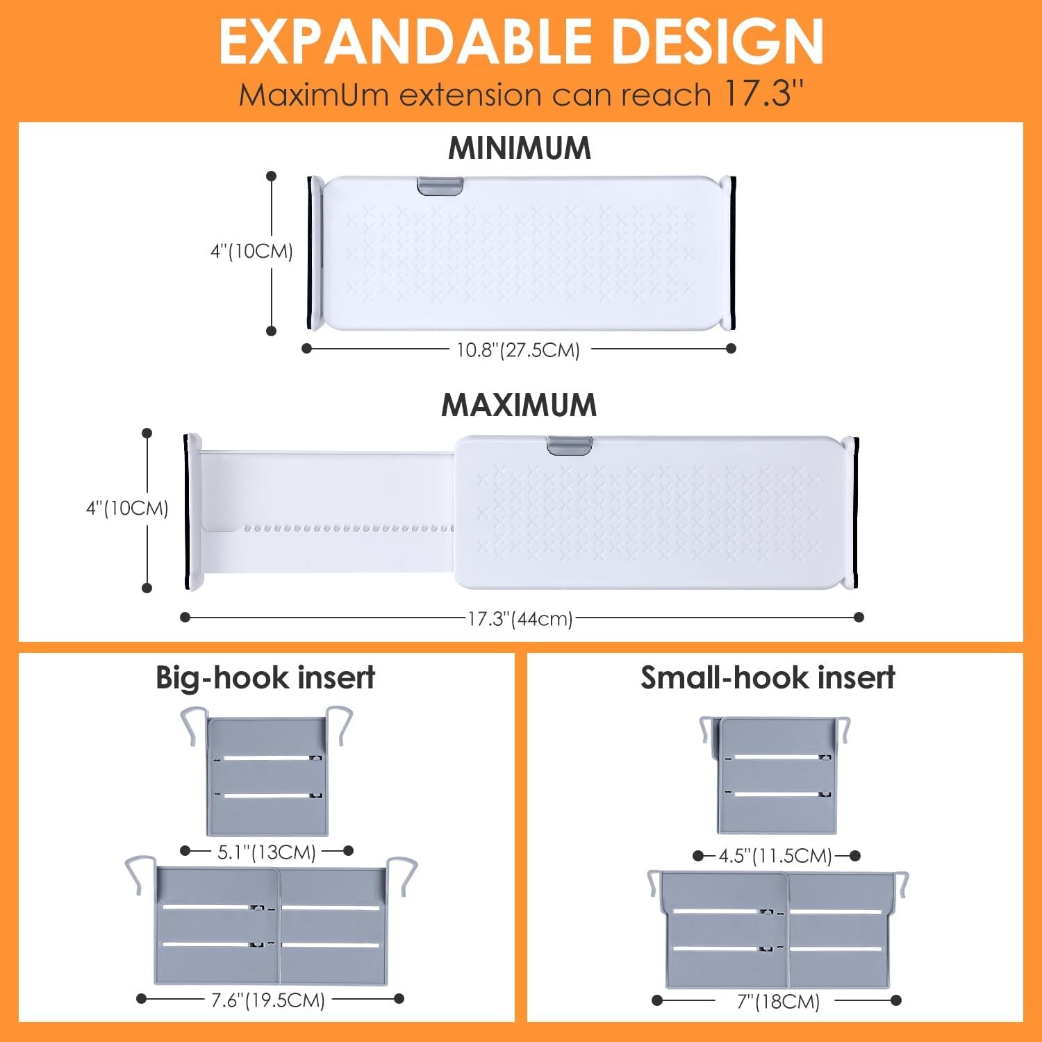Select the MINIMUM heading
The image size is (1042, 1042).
point(520,148)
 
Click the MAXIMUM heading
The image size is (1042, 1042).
point(520,405)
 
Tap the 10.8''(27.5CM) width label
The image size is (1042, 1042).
point(518,349)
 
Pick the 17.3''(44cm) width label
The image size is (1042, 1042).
point(520,618)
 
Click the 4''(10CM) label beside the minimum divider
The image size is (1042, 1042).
point(251,251)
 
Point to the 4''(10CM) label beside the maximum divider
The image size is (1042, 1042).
point(127,508)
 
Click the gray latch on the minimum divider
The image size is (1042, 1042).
point(440,186)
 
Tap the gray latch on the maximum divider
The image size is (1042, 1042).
point(569,445)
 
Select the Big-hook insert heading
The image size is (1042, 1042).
point(265,677)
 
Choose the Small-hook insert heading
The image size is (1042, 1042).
point(768,677)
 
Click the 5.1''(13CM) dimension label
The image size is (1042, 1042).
point(267,852)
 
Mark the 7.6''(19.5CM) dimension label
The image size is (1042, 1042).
point(268,1000)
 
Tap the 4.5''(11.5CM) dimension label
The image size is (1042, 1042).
point(775,855)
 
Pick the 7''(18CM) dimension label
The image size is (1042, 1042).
point(778,1002)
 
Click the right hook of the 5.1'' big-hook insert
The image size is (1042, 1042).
point(340,724)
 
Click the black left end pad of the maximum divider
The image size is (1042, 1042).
point(186,512)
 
